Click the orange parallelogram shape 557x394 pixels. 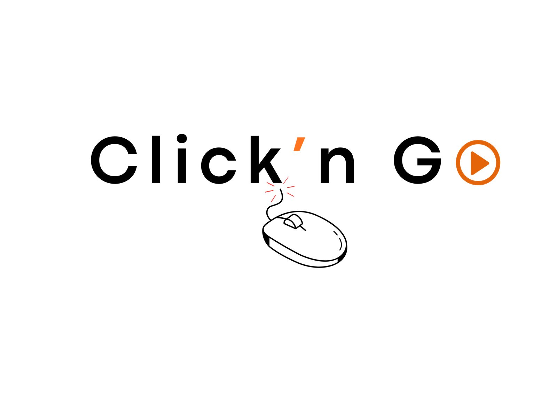tap(299, 144)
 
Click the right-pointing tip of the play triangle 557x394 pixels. tap(489, 163)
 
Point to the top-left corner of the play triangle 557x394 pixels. tap(471, 152)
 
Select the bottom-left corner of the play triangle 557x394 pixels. tap(471, 175)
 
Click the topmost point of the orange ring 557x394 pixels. tap(478, 140)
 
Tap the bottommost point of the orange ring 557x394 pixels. tap(478, 185)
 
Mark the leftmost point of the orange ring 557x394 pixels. tap(455, 163)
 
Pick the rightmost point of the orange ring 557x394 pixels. tap(501, 163)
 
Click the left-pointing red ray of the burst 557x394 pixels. tap(269, 191)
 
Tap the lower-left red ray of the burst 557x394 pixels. tap(273, 199)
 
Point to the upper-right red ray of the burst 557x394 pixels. tap(286, 180)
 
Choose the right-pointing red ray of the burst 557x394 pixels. tap(291, 187)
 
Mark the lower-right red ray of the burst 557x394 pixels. tap(290, 195)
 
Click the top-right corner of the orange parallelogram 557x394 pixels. tap(305, 138)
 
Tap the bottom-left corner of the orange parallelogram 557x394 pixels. tap(293, 151)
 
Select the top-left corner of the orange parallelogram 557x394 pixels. tap(297, 138)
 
